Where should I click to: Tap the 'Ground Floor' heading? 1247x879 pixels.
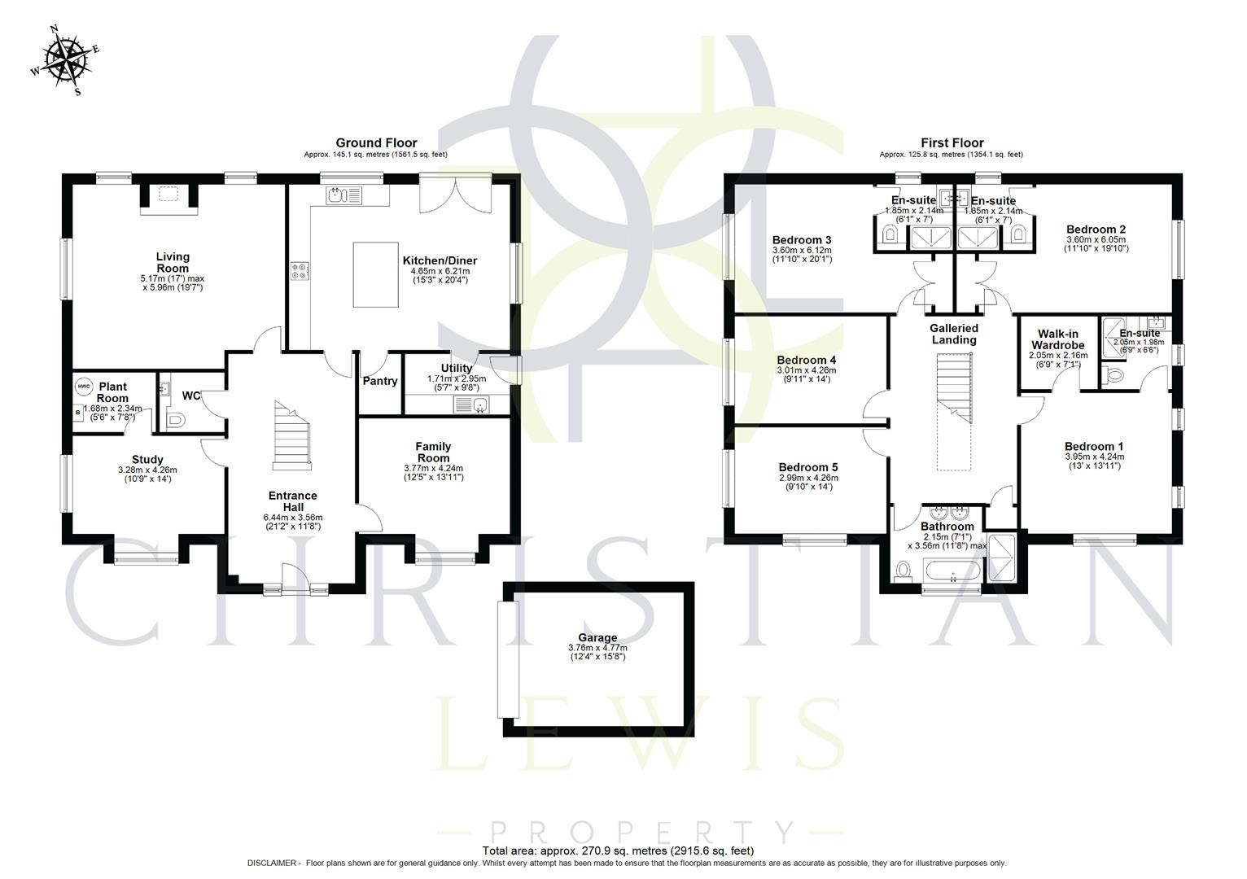[376, 143]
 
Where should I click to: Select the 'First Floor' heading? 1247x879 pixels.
[952, 143]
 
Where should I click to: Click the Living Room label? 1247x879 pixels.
[173, 262]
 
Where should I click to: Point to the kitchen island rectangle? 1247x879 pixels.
[374, 274]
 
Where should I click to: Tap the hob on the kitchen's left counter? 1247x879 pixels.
[300, 270]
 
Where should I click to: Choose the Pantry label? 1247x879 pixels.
[379, 381]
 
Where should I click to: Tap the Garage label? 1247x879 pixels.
[597, 638]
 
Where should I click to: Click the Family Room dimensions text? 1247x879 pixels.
[433, 473]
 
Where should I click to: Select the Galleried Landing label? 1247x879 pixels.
[954, 334]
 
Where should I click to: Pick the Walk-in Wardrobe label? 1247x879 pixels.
[1058, 339]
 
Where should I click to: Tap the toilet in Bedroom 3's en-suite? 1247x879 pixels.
[890, 236]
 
